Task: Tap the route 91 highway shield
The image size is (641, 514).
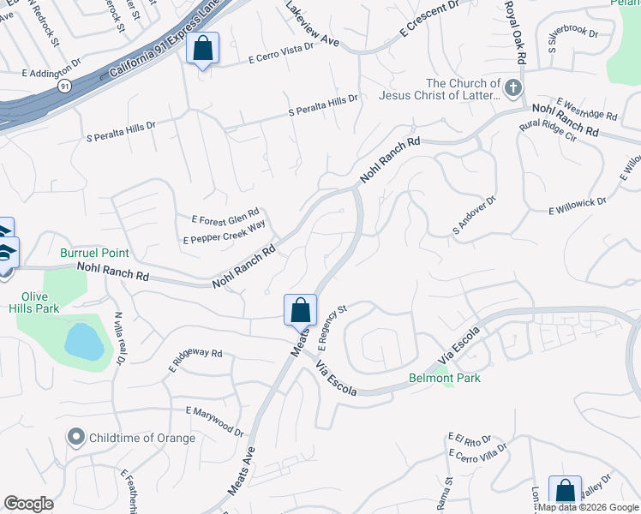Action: [65, 87]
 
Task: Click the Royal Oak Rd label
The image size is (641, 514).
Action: [514, 32]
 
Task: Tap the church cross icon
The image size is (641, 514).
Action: [512, 88]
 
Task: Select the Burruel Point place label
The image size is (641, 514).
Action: [94, 254]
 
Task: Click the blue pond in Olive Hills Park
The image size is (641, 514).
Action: [84, 342]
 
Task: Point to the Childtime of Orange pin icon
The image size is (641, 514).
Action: [76, 438]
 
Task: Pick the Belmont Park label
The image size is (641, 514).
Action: [444, 378]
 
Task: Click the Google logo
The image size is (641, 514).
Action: [29, 503]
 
